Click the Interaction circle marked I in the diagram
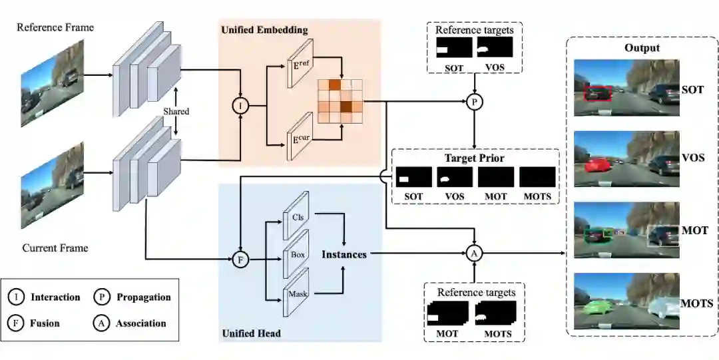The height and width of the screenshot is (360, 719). pyautogui.click(x=239, y=105)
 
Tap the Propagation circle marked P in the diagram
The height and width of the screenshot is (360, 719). pyautogui.click(x=474, y=101)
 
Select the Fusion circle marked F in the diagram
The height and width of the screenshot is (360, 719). pyautogui.click(x=240, y=260)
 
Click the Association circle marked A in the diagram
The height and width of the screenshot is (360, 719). pyautogui.click(x=474, y=253)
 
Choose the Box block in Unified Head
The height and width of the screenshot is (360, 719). pyautogui.click(x=297, y=254)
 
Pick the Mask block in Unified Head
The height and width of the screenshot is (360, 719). pyautogui.click(x=297, y=293)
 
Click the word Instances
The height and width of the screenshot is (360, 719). pyautogui.click(x=344, y=254)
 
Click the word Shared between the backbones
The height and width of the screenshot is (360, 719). pyautogui.click(x=176, y=111)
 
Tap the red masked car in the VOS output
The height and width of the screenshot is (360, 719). pyautogui.click(x=597, y=164)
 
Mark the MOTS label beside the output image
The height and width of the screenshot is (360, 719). pyautogui.click(x=697, y=303)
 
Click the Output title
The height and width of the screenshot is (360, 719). pyautogui.click(x=642, y=48)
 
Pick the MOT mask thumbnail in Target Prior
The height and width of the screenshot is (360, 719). pyautogui.click(x=496, y=177)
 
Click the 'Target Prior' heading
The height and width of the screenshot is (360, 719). pyautogui.click(x=474, y=158)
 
